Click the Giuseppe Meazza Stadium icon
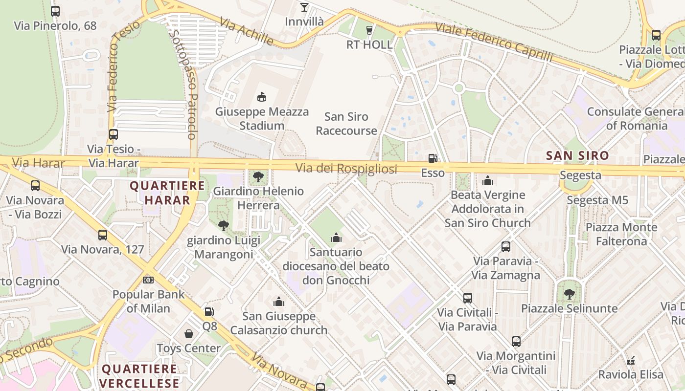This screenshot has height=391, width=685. [262, 97]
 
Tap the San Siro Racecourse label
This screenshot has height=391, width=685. [346, 124]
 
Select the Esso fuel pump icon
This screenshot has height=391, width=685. [433, 158]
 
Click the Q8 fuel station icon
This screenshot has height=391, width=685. [209, 311]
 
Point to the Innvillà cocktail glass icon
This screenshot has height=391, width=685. [304, 7]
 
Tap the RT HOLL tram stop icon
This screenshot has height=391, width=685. [369, 30]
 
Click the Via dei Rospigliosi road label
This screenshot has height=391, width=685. [346, 169]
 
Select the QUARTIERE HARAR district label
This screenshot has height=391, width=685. [167, 193]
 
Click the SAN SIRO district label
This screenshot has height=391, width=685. [577, 156]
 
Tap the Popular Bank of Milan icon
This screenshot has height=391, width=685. [148, 280]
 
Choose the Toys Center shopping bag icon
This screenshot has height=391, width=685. [189, 334]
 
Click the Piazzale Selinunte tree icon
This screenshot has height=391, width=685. [569, 294]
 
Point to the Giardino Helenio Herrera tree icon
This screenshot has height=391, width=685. [258, 176]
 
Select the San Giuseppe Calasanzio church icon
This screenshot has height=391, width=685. [279, 302]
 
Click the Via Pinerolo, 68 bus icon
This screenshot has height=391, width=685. [55, 11]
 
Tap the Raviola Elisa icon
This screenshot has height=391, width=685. [631, 361]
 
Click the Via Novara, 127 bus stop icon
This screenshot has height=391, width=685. [103, 235]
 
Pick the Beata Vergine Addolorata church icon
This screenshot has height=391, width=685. [487, 180]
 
